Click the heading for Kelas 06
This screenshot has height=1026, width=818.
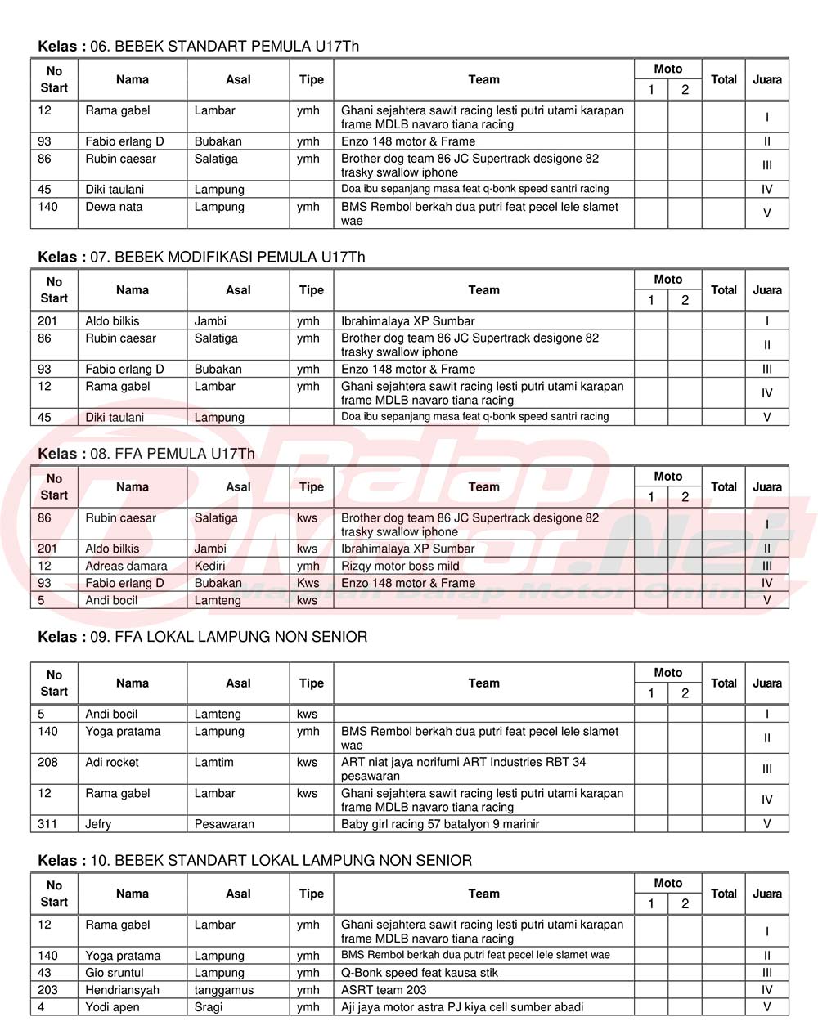point(198,47)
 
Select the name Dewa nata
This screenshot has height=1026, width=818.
point(114,207)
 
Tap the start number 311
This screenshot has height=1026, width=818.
point(47,824)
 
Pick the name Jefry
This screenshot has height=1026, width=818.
point(98,824)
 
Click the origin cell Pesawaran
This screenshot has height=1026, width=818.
point(224,824)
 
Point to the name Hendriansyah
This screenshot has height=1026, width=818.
point(122,990)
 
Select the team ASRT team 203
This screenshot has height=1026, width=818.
point(384,990)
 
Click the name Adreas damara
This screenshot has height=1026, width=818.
point(126,566)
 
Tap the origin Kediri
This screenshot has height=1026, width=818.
point(215,566)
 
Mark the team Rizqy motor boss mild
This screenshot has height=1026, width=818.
point(400,566)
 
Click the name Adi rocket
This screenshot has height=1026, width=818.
point(112,762)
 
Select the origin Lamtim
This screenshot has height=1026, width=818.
point(213,762)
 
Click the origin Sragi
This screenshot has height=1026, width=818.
point(209,1007)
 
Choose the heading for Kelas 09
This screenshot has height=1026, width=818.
point(202,637)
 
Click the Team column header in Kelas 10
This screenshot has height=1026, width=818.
point(483,894)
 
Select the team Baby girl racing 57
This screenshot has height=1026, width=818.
point(440,824)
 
